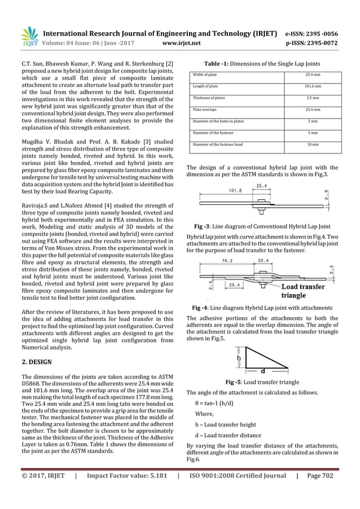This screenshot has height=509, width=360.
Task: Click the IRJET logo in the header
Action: pyautogui.click(x=28, y=36)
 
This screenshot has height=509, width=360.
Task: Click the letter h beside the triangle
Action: pyautogui.click(x=239, y=358)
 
